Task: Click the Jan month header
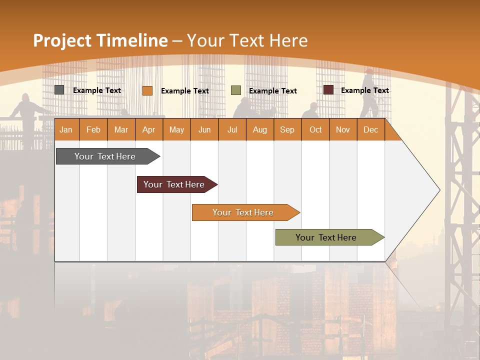tap(66, 129)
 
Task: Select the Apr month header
tap(148, 129)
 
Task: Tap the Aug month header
tap(259, 129)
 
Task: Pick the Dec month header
tap(370, 129)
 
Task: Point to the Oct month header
tap(315, 129)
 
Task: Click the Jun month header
tap(204, 129)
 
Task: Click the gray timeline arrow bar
tap(105, 156)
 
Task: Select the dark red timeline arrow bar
tap(174, 184)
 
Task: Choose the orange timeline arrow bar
tap(243, 212)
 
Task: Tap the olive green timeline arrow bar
tap(326, 237)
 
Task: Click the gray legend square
tap(59, 90)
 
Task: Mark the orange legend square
tap(147, 90)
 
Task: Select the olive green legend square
tap(236, 90)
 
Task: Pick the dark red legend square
tap(328, 90)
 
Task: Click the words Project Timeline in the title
tap(100, 40)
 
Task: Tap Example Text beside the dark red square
tap(364, 90)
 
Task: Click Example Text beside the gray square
tap(96, 90)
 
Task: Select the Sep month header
tap(287, 129)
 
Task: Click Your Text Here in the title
tap(247, 40)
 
